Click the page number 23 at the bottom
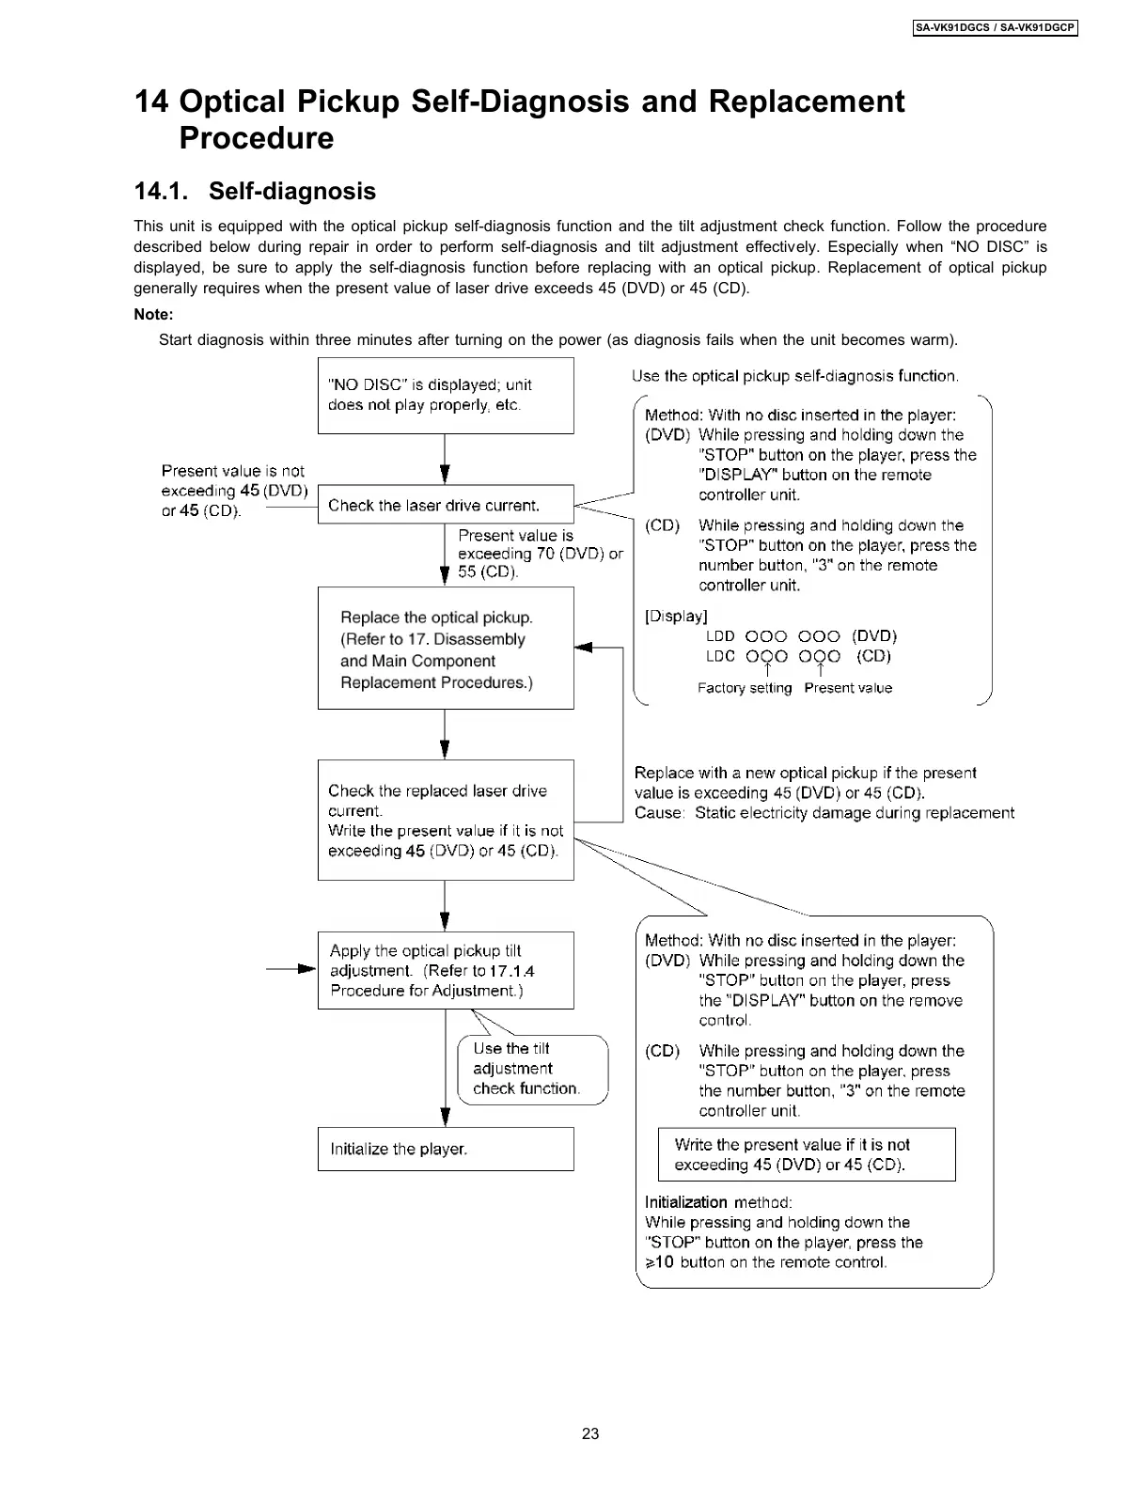click(x=590, y=1433)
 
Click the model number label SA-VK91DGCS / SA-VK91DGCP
click(x=995, y=28)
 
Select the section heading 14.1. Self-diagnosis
click(x=255, y=192)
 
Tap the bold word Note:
click(x=153, y=315)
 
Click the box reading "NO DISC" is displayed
click(x=446, y=396)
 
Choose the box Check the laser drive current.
click(x=446, y=505)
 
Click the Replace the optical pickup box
click(x=446, y=649)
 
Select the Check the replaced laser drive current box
click(x=446, y=820)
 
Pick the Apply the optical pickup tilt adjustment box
click(x=446, y=970)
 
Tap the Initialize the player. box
click(x=446, y=1149)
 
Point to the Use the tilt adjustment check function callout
click(x=532, y=1069)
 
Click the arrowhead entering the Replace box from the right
click(x=583, y=648)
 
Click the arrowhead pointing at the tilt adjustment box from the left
click(x=307, y=968)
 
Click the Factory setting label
click(x=745, y=688)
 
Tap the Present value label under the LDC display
click(x=848, y=688)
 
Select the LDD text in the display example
click(x=720, y=636)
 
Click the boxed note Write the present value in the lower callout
click(x=807, y=1154)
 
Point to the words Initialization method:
click(x=718, y=1202)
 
